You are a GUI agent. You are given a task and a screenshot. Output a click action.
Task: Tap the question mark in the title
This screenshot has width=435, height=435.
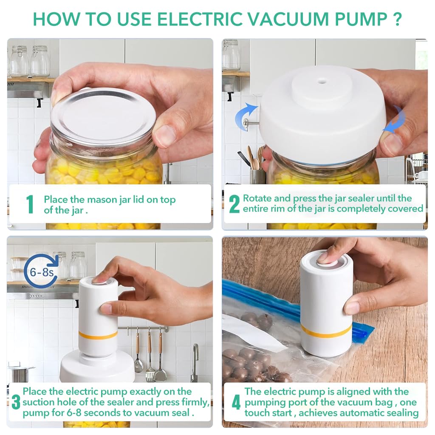[x=397, y=19]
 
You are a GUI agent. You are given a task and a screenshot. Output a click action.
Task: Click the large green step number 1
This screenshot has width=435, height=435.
[x=30, y=204]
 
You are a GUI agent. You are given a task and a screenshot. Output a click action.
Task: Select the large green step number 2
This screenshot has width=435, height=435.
[x=234, y=204]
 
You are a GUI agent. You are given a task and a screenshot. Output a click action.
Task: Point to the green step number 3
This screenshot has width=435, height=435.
[x=16, y=402]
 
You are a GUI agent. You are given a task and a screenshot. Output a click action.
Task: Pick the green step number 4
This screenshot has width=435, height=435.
[x=236, y=402]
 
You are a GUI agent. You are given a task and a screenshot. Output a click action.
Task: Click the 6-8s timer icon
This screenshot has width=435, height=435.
[x=42, y=272]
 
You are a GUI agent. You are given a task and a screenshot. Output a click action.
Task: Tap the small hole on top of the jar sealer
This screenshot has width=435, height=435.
[x=322, y=82]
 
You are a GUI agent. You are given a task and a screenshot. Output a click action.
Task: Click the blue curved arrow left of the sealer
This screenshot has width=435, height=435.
[x=246, y=116]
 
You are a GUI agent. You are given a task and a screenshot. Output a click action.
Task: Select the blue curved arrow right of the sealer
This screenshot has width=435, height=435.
[x=395, y=119]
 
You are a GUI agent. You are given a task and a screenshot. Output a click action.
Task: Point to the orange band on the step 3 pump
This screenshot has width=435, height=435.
[x=98, y=335]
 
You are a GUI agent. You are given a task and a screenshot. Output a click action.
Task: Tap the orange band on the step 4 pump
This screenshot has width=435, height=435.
[x=326, y=331]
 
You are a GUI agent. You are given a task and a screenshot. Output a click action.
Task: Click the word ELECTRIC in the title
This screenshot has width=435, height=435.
[x=200, y=19]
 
